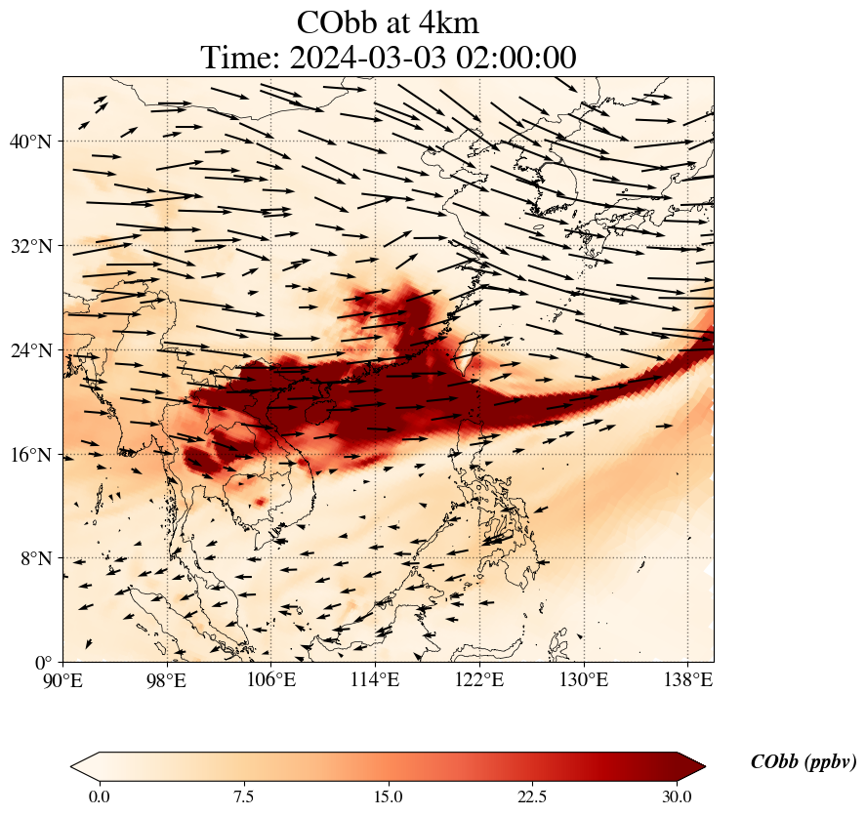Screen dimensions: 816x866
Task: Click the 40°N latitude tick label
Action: [x=31, y=142]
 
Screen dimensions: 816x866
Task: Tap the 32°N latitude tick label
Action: [x=31, y=246]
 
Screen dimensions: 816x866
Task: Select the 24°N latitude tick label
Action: [x=31, y=350]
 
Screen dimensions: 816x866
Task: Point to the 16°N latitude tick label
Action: [x=31, y=455]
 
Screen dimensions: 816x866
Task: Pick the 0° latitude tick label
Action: [x=45, y=663]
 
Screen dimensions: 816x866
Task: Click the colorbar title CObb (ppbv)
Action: [x=803, y=762]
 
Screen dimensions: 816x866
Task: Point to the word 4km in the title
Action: [x=445, y=22]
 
